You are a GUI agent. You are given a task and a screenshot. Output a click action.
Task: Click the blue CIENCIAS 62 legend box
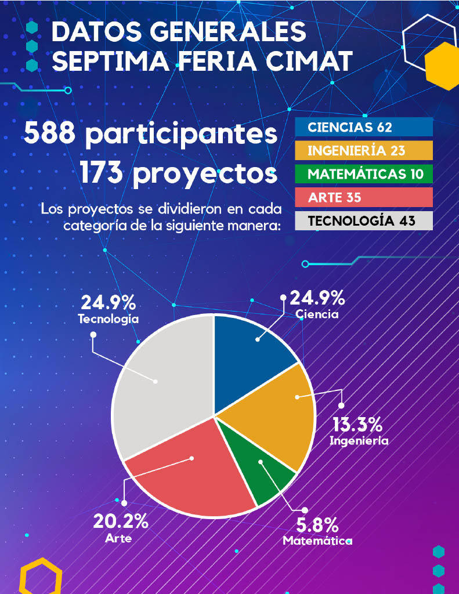tap(364, 127)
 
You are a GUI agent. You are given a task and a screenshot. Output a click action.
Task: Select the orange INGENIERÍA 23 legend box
tap(364, 150)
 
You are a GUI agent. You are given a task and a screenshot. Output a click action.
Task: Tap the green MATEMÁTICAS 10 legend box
tap(364, 174)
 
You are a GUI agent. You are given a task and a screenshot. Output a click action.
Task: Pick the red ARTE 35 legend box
tap(364, 197)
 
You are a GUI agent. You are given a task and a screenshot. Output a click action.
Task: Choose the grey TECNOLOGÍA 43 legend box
tap(364, 221)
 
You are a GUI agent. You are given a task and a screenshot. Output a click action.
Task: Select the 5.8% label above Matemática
tap(317, 526)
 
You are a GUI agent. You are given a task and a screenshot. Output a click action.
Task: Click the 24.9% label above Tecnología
tap(109, 302)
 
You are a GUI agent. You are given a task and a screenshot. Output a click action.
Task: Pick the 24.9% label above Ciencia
tap(317, 299)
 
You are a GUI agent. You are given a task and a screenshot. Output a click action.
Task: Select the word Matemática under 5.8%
tap(317, 541)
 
